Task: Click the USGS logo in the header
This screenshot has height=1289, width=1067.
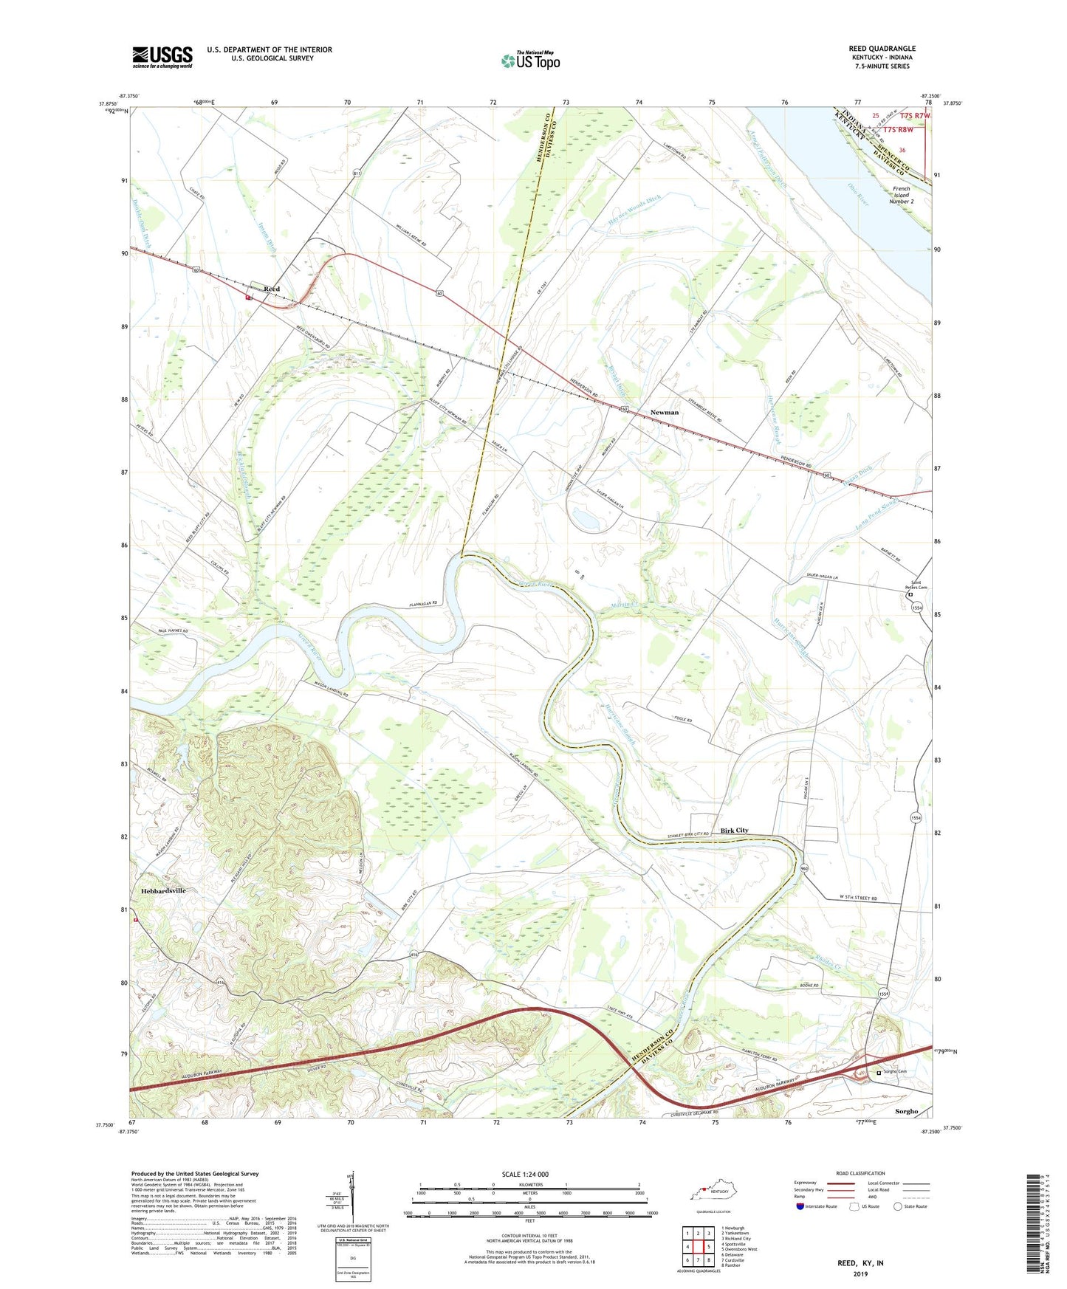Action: coord(162,56)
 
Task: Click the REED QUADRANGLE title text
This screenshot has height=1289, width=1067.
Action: coord(882,49)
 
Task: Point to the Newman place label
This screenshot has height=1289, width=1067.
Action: coord(664,413)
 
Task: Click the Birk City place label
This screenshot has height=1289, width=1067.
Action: coord(734,830)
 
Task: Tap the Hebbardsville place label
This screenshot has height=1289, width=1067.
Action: coord(163,891)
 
